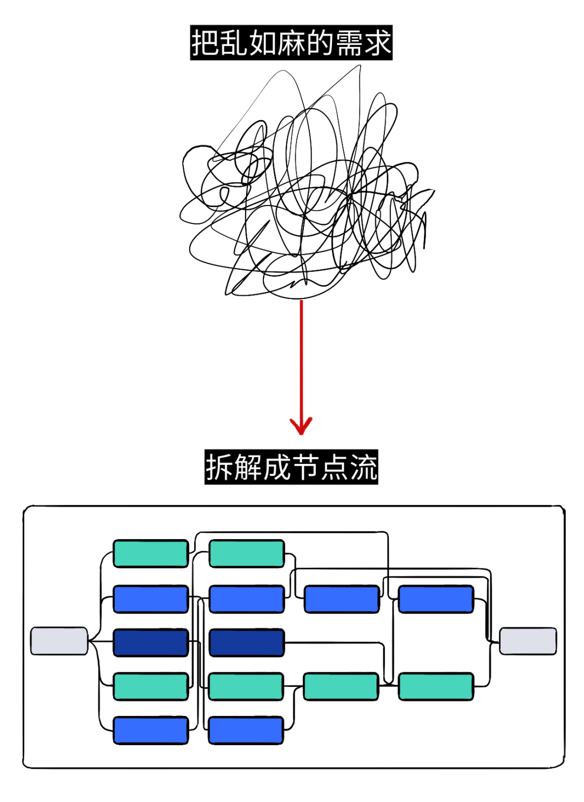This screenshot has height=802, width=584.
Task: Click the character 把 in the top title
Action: point(205,43)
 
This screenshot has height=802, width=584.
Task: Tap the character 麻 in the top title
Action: point(291,43)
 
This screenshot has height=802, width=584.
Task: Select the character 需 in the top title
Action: point(349,43)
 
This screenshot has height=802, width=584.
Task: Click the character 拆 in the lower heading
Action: point(219,467)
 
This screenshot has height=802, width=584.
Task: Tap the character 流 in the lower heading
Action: point(363,467)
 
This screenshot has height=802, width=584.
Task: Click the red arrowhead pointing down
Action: point(301,425)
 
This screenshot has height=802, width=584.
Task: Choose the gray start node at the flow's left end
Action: point(59,641)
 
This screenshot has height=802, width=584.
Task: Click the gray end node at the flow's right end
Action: point(528,641)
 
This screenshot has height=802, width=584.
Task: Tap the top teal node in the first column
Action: point(150,553)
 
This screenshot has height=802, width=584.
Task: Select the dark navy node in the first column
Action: point(150,642)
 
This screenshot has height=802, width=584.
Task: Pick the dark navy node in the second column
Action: point(247,642)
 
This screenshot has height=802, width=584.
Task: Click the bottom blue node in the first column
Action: point(150,730)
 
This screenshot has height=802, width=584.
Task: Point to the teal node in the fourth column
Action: point(436,686)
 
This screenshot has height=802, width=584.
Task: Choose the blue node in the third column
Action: point(342,599)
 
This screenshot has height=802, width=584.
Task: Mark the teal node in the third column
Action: point(341,686)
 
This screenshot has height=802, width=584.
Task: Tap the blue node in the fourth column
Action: point(436,599)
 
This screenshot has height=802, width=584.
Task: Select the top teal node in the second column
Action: point(247,553)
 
